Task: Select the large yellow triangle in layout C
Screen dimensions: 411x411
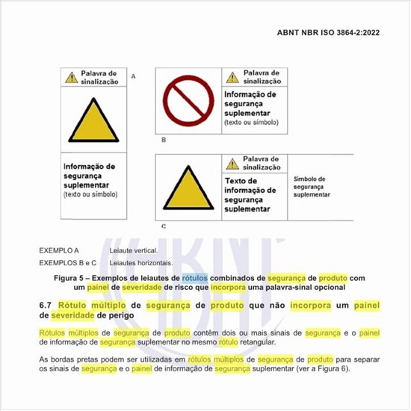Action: click(187, 187)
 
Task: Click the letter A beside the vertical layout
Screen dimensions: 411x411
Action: click(133, 76)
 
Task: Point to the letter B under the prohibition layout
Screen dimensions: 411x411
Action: click(164, 140)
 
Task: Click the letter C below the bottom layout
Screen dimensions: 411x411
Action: click(164, 225)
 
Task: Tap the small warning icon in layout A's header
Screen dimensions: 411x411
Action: click(71, 76)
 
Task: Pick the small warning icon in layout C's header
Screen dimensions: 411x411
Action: click(232, 164)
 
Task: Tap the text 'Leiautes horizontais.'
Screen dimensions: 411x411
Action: click(140, 262)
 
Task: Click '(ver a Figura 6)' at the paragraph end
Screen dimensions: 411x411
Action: click(334, 368)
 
